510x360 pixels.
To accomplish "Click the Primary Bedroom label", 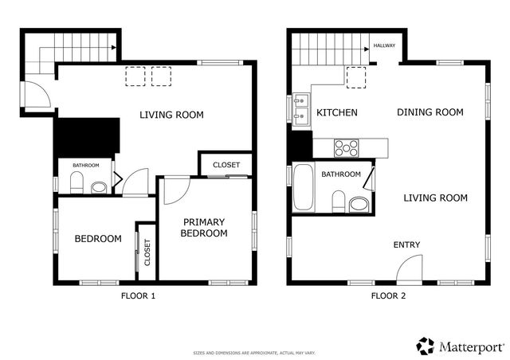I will tap(204, 228).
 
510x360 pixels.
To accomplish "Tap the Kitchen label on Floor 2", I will tap(336, 112).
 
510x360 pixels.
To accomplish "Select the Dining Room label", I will tap(430, 112).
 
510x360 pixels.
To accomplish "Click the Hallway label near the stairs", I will tap(384, 46).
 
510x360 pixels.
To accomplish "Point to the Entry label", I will tap(406, 245).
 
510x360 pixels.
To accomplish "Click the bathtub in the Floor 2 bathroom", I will tap(302, 187).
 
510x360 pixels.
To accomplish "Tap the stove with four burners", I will tap(347, 147).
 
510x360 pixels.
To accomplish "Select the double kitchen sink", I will tap(302, 111).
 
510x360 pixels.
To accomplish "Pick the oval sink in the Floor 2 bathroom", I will tap(359, 205).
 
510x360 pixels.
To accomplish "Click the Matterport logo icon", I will tap(426, 346).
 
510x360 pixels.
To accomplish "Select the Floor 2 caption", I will tap(388, 296).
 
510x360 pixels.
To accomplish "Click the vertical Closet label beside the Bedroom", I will tap(147, 252).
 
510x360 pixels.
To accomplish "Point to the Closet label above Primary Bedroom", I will tap(226, 165).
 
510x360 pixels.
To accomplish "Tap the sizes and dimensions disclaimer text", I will tap(254, 352).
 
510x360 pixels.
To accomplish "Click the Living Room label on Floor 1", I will tap(171, 115).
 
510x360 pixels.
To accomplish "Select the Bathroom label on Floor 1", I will tap(86, 165).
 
